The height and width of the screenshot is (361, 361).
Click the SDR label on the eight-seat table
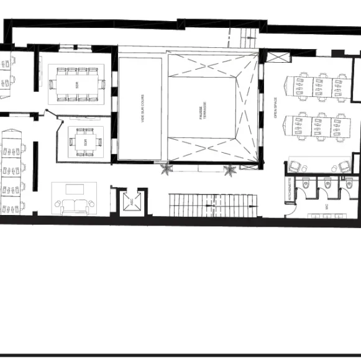[x=77, y=84]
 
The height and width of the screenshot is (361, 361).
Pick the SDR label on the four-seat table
[x=85, y=142]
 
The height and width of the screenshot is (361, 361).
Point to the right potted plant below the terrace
[x=231, y=168]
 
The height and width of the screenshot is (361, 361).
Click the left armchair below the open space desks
[x=295, y=166]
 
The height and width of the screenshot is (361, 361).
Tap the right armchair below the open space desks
[x=344, y=166]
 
